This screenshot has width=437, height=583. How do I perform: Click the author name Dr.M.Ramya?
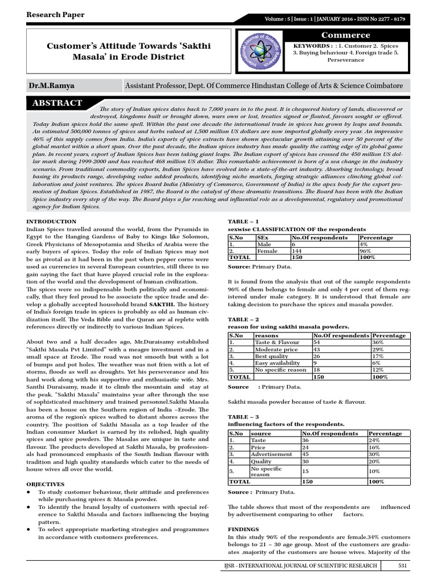tap(52, 85)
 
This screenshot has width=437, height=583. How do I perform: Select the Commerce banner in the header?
tap(345, 35)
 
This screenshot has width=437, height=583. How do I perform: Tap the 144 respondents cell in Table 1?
tap(297, 250)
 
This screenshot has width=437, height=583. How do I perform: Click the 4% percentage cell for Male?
tap(364, 244)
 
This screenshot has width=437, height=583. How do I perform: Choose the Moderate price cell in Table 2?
tap(277, 348)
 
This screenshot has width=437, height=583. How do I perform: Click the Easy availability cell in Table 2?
tap(278, 363)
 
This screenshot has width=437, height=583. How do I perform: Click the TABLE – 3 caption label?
tap(243, 417)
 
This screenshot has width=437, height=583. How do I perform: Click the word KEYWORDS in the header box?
tap(312, 45)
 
